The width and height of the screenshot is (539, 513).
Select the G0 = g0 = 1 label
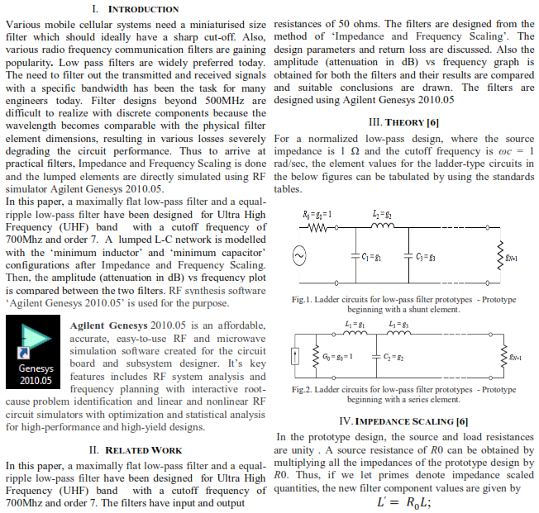pyautogui.click(x=338, y=356)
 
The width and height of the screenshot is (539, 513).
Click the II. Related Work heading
pyautogui.click(x=135, y=450)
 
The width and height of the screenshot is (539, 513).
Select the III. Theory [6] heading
pyautogui.click(x=403, y=122)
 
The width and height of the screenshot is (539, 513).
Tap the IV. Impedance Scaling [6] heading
pyautogui.click(x=404, y=421)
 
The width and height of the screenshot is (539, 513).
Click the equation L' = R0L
pyautogui.click(x=405, y=503)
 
